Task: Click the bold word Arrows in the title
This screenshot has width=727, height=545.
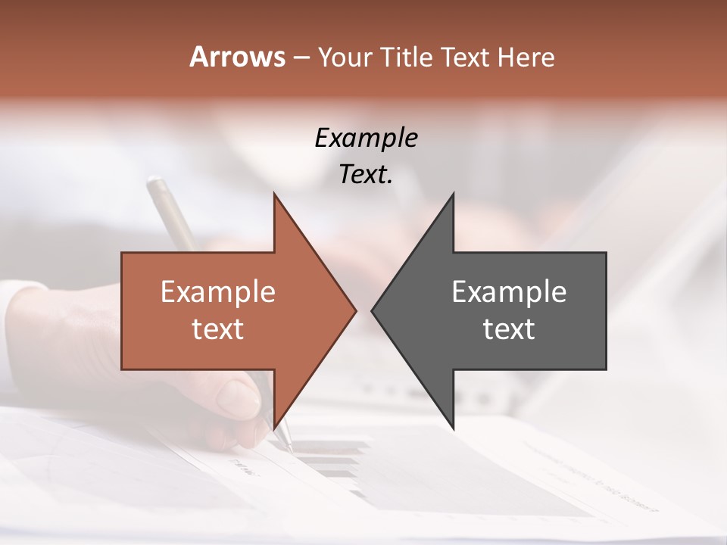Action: [237, 57]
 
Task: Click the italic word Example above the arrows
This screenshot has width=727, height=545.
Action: [366, 139]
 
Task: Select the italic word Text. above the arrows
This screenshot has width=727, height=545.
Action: [366, 175]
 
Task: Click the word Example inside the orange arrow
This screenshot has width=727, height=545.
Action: [218, 291]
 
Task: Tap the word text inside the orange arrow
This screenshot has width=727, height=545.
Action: [218, 329]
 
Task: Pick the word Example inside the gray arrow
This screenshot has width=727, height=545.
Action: [509, 291]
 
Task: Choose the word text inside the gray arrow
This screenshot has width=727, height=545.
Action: [509, 329]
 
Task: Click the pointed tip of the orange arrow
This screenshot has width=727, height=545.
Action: [355, 310]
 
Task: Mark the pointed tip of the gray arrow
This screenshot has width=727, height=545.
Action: [372, 310]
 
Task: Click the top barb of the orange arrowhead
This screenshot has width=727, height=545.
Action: [275, 195]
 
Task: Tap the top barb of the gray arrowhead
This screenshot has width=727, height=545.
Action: [453, 195]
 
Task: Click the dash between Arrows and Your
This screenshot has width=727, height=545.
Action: [301, 58]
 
